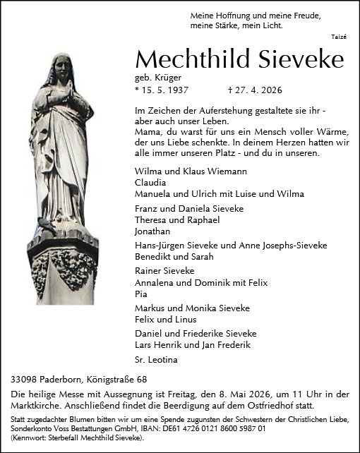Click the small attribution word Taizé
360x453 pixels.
click(338, 37)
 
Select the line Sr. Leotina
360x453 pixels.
click(157, 359)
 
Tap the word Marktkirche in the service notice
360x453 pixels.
click(40, 406)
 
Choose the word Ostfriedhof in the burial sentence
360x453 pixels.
click(272, 406)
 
